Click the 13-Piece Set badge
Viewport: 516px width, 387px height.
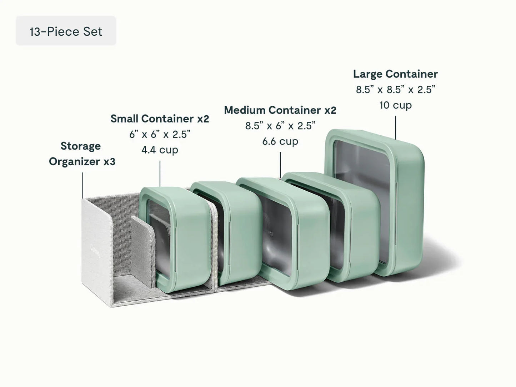point(66,31)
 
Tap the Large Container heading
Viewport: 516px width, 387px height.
point(395,74)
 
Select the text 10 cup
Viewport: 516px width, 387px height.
point(395,105)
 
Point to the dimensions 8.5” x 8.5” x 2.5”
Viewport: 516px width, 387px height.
point(395,90)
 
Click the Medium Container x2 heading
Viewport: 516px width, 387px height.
point(280,110)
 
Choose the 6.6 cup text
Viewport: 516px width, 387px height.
point(280,141)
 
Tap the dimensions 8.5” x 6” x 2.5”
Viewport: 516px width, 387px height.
point(280,126)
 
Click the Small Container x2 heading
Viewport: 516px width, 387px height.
point(160,119)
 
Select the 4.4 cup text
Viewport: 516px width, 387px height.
point(160,150)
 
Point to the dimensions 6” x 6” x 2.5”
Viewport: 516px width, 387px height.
point(160,134)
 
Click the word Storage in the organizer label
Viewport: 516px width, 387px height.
point(81,146)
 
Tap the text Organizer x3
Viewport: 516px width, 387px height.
point(82,162)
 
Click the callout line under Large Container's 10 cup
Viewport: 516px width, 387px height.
point(395,127)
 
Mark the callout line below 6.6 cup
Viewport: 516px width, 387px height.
point(280,165)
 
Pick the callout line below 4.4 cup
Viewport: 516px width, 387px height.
point(160,174)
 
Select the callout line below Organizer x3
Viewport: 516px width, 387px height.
point(82,185)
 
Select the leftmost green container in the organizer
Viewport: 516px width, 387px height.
point(175,238)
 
